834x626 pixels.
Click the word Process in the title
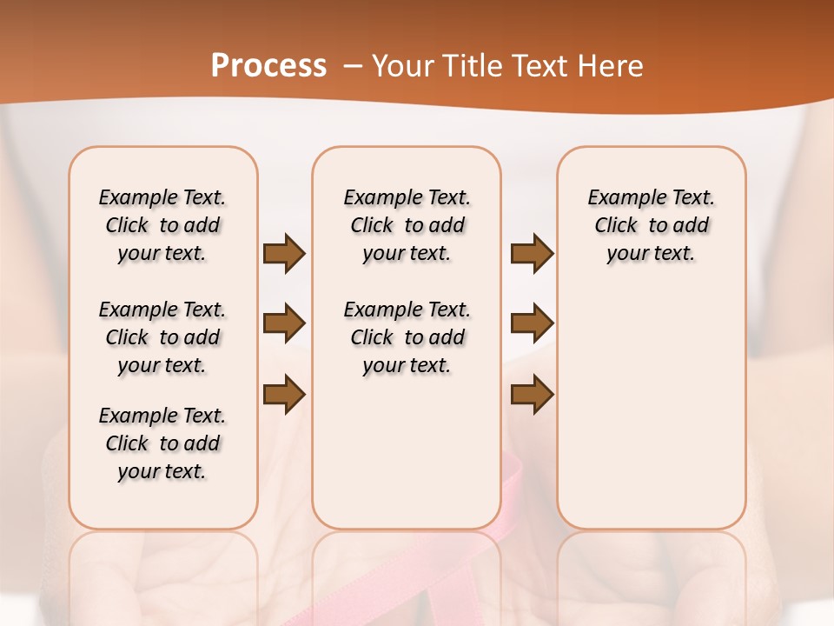268,65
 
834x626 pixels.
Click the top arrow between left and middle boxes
283,254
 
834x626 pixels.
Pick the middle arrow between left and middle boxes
283,324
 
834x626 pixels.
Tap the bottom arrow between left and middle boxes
283,394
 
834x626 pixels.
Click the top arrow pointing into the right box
532,254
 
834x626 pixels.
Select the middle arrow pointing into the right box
532,324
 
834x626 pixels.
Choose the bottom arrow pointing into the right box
532,394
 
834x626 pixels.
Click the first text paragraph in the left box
162,225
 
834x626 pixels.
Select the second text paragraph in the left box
162,337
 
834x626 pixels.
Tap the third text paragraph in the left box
162,443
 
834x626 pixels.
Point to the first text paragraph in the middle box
407,225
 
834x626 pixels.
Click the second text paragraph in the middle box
407,337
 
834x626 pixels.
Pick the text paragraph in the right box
652,225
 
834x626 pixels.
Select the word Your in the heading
402,66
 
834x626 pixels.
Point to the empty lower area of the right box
652,417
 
